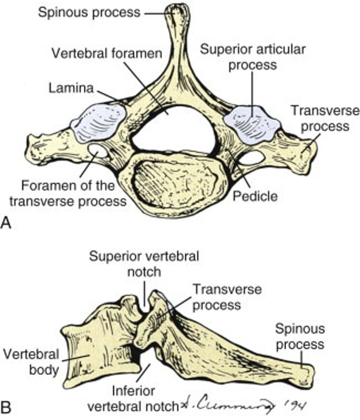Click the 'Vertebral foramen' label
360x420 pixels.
tap(107, 54)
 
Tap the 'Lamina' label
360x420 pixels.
tap(71, 88)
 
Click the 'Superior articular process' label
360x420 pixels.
tap(253, 57)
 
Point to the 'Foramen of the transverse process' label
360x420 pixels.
tap(68, 193)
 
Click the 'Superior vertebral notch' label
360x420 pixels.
tap(144, 264)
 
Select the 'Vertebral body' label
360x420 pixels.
tap(31, 362)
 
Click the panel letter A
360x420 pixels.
tap(7, 223)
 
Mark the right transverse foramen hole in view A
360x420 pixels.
tap(253, 158)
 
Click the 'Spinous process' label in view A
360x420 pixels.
tap(89, 12)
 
